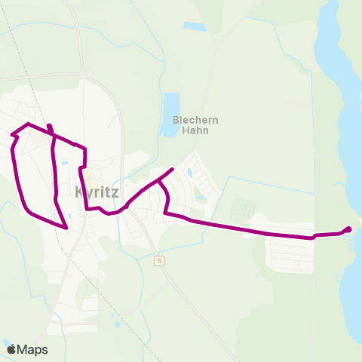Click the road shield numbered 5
coord(159,260)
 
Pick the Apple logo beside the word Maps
coord(11,349)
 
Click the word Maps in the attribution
coord(32,349)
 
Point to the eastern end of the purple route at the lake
coord(348,229)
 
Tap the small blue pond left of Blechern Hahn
coord(171,106)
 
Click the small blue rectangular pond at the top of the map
coord(194,26)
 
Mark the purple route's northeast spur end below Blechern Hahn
coord(173,169)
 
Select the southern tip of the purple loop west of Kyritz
coord(67,227)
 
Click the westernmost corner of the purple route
coord(12,136)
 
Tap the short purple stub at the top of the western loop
coord(49,127)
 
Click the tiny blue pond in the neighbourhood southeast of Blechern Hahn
coord(189,173)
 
